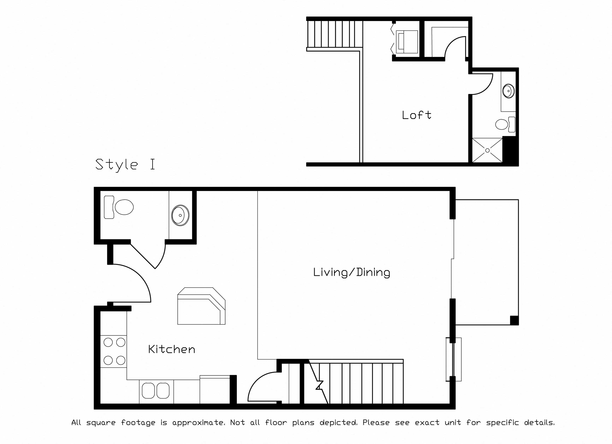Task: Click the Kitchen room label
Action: (x=172, y=349)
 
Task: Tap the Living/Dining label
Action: (x=352, y=272)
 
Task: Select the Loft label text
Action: (x=416, y=115)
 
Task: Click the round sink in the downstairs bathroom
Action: (x=180, y=215)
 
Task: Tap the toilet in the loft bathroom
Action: (x=505, y=124)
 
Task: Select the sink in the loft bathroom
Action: (x=509, y=91)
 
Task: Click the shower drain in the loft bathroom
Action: (x=487, y=151)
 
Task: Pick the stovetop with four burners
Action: (x=114, y=351)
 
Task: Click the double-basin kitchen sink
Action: (x=156, y=390)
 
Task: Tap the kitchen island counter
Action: (x=201, y=306)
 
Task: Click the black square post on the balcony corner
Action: (x=514, y=320)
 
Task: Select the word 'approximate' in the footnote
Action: (x=198, y=423)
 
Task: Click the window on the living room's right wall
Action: (x=453, y=359)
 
